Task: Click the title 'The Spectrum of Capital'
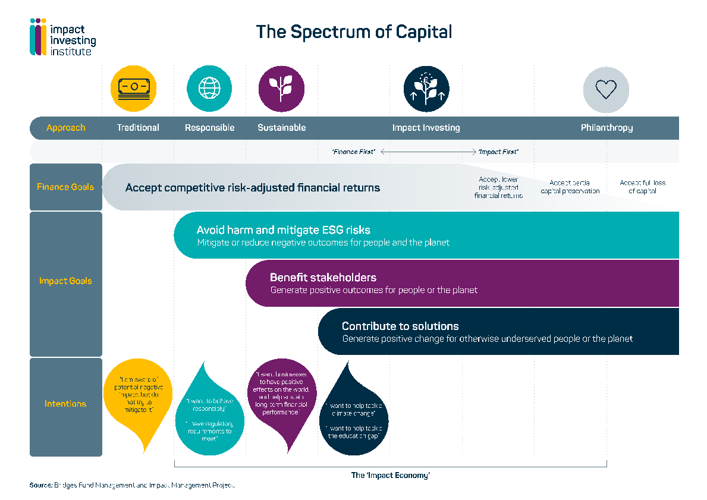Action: click(x=354, y=32)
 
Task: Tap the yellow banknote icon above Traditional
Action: click(x=134, y=88)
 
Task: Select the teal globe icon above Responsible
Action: click(x=209, y=88)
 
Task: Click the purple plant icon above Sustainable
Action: click(x=281, y=88)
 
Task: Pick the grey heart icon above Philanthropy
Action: click(x=606, y=90)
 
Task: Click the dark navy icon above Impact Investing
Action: click(x=426, y=89)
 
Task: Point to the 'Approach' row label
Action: click(x=65, y=128)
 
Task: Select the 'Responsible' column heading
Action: click(x=209, y=128)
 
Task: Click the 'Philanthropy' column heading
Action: click(x=607, y=128)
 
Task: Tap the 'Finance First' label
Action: click(x=354, y=152)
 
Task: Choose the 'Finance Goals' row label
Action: click(x=65, y=187)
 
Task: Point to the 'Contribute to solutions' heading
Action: click(x=400, y=326)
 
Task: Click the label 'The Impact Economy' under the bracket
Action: click(x=390, y=475)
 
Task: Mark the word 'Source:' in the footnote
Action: click(x=40, y=486)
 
